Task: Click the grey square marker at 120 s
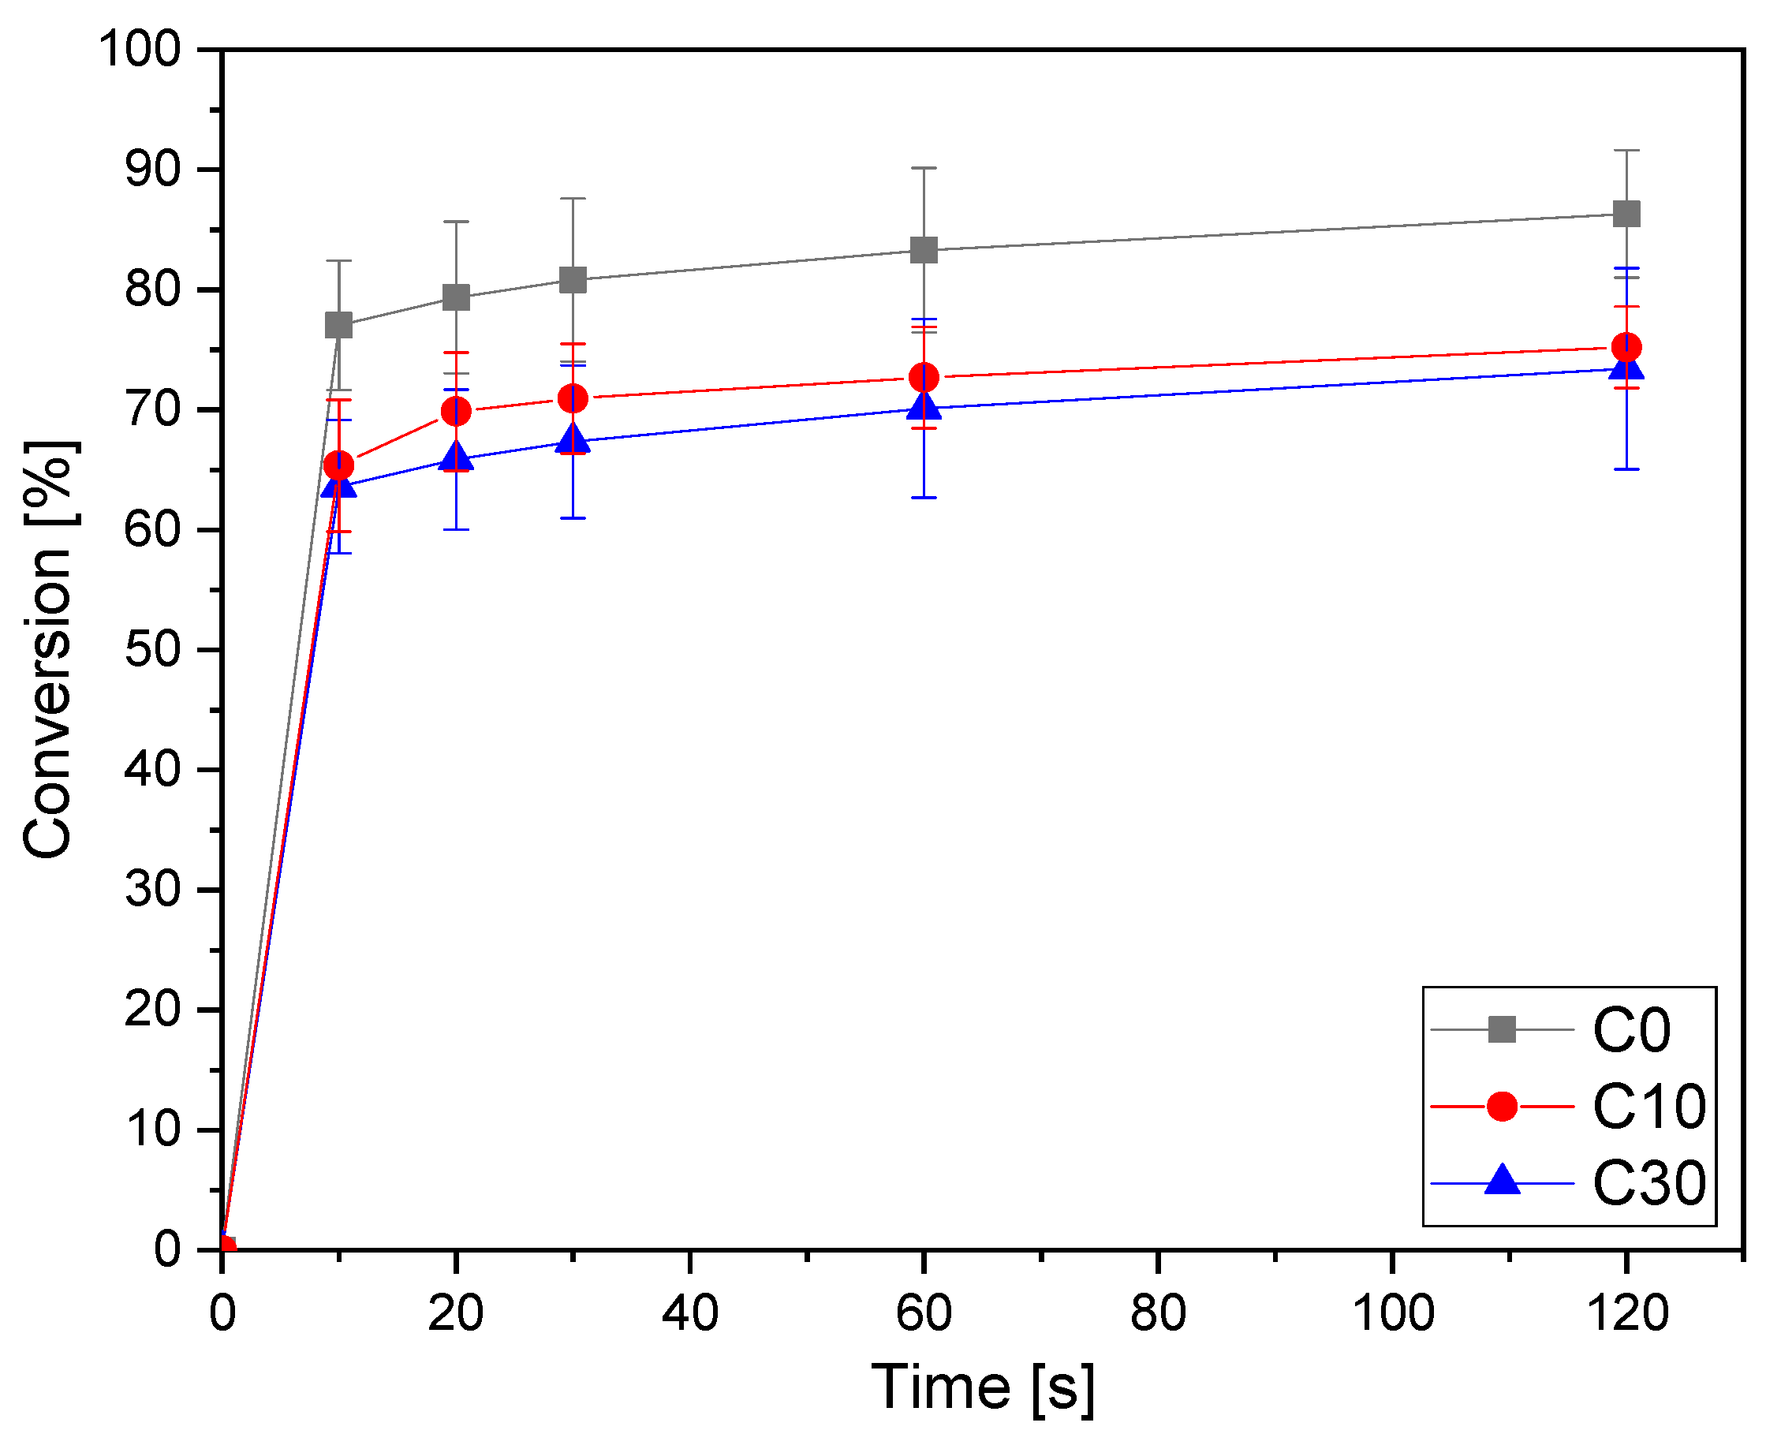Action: (x=1626, y=213)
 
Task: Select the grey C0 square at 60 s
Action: (x=924, y=250)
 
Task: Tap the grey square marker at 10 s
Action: (x=338, y=325)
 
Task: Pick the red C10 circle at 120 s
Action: (x=1626, y=347)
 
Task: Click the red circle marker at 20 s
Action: (x=456, y=411)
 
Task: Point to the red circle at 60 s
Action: (x=924, y=378)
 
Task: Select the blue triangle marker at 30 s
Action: (x=573, y=439)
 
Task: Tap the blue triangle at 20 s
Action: (x=456, y=457)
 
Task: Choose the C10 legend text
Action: (x=1648, y=1108)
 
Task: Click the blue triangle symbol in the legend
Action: (x=1503, y=1181)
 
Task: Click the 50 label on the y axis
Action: (x=153, y=649)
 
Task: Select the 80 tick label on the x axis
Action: (x=1158, y=1314)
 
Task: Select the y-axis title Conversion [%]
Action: (x=50, y=649)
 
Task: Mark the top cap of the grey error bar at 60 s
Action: (x=924, y=168)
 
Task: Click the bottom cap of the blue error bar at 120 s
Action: (x=1626, y=469)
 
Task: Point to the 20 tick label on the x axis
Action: (x=456, y=1314)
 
